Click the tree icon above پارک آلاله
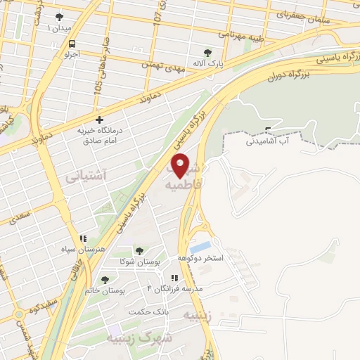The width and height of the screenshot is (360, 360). [207, 52]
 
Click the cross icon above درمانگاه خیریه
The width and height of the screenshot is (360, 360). [100, 120]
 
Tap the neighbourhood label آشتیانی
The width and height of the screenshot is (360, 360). [85, 177]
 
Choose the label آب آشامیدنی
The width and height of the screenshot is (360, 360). [266, 141]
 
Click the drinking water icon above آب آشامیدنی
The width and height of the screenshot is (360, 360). [267, 129]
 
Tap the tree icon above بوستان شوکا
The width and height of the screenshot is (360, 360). [139, 251]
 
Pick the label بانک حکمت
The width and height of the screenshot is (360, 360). [149, 311]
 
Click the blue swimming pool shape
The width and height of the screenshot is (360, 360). [200, 247]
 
